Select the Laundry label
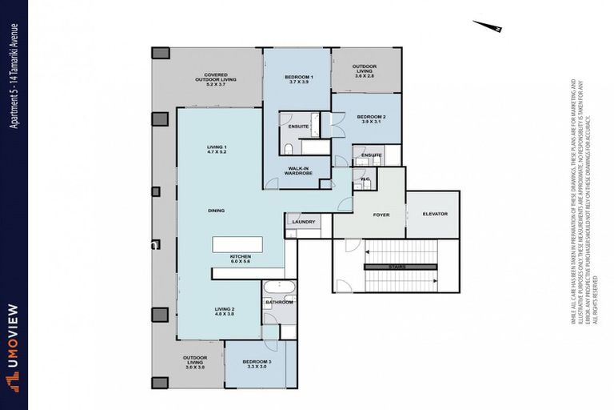(303, 222)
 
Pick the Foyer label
(381, 215)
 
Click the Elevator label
(435, 214)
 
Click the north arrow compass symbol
(487, 26)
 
